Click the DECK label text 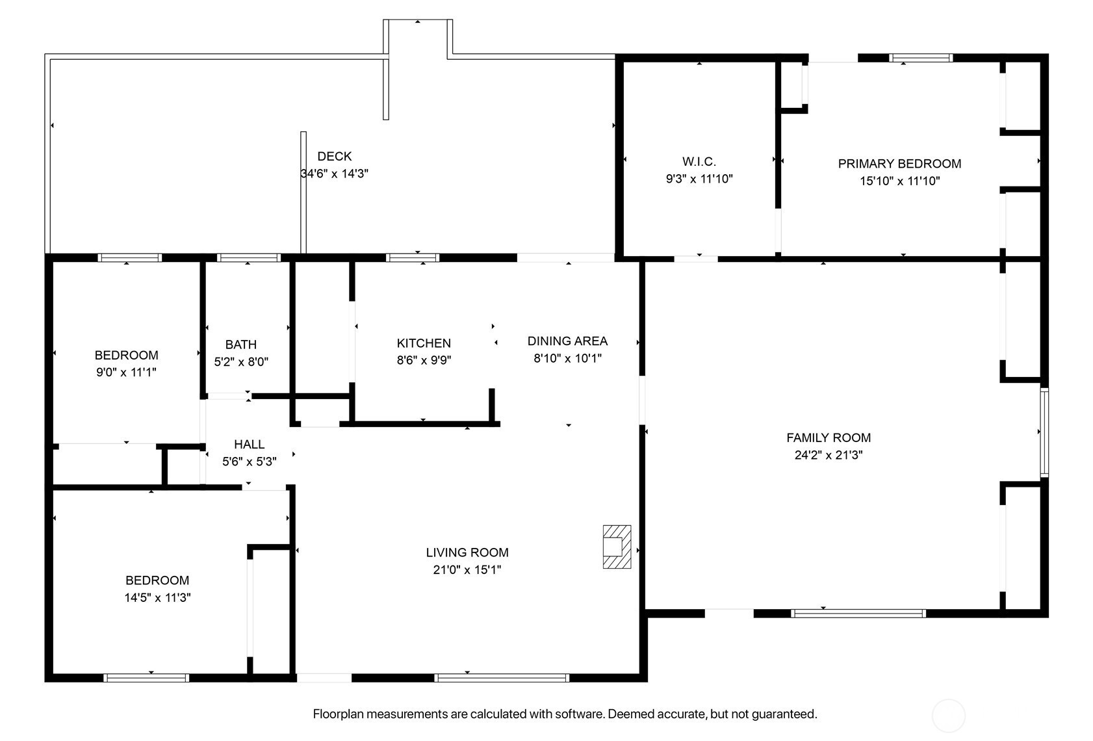pos(334,156)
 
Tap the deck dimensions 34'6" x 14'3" pos(334,174)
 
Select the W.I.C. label pos(699,162)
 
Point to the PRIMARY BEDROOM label pos(899,164)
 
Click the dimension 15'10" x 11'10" pos(899,181)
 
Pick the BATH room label pos(241,344)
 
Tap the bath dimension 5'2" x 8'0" pos(241,361)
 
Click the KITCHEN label pos(424,343)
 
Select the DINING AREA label pos(567,341)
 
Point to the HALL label pos(250,444)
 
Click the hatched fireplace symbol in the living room pos(617,547)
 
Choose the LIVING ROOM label pos(467,552)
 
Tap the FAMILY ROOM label pos(829,438)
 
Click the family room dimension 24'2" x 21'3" pos(829,455)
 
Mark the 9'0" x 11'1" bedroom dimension pos(126,372)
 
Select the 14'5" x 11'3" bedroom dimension pos(157,597)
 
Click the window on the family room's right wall pos(1044,432)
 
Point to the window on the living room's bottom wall pos(502,677)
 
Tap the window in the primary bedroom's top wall pos(920,58)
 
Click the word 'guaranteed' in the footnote pos(784,714)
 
